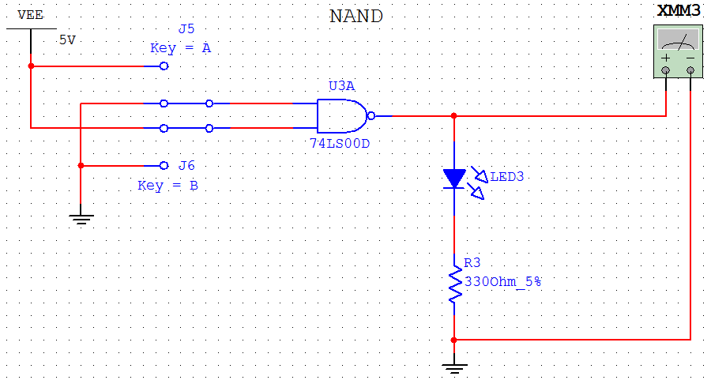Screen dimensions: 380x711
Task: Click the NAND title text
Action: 355,16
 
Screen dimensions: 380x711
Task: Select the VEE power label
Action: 31,15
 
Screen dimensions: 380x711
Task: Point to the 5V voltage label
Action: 67,40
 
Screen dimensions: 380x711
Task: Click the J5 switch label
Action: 186,29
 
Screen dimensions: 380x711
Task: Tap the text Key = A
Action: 180,48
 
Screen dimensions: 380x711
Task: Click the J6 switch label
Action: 186,166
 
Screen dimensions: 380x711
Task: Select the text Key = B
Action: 167,186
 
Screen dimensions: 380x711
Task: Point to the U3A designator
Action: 341,85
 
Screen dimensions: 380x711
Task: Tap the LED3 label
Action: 506,176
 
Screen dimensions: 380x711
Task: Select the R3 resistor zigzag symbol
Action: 454,285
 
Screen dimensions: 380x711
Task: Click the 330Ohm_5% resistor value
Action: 502,280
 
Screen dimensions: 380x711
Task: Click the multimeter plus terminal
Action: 666,71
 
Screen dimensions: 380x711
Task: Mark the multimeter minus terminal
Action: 691,71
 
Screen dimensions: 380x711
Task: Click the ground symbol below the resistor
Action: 454,367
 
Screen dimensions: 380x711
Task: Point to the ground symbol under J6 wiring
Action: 81,218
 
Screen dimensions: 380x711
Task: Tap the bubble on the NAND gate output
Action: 371,115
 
